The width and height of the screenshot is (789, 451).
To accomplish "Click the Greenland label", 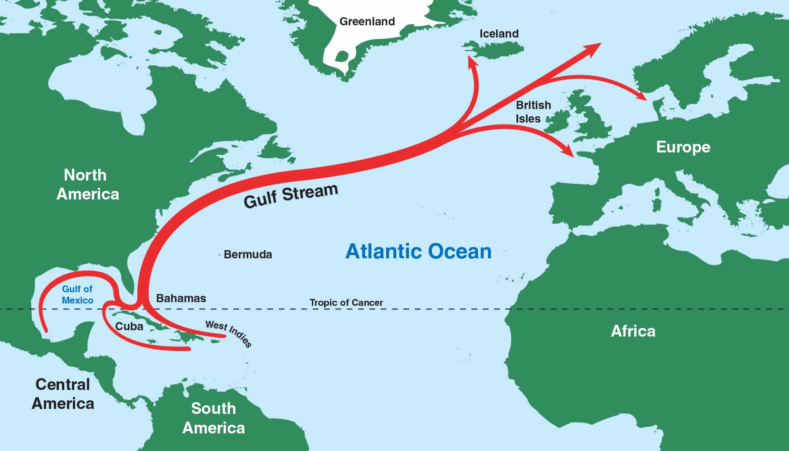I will point(367,21).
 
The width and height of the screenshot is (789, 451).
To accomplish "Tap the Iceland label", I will point(499,33).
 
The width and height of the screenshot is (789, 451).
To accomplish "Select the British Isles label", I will point(533,112).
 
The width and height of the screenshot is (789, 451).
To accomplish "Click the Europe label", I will point(683,147).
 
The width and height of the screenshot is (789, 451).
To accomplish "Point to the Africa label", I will point(633,331).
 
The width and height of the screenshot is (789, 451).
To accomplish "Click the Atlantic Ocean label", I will point(418,252).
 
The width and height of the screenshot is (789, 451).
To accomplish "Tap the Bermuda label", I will point(248,255).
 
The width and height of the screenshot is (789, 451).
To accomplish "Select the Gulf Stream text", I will point(291,196).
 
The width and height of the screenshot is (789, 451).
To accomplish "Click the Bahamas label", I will point(181,299).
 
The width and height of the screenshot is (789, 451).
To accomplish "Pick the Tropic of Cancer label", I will point(346,303).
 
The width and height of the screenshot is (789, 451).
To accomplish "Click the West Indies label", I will point(228,333).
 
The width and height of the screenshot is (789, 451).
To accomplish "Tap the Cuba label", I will point(129,327).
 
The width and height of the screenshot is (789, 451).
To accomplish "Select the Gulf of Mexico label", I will point(77,294).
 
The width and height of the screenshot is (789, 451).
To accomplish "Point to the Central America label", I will point(63,394).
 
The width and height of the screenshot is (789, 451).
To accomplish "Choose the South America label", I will point(213,418).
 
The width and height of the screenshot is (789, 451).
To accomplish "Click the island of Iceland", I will point(493,49).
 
